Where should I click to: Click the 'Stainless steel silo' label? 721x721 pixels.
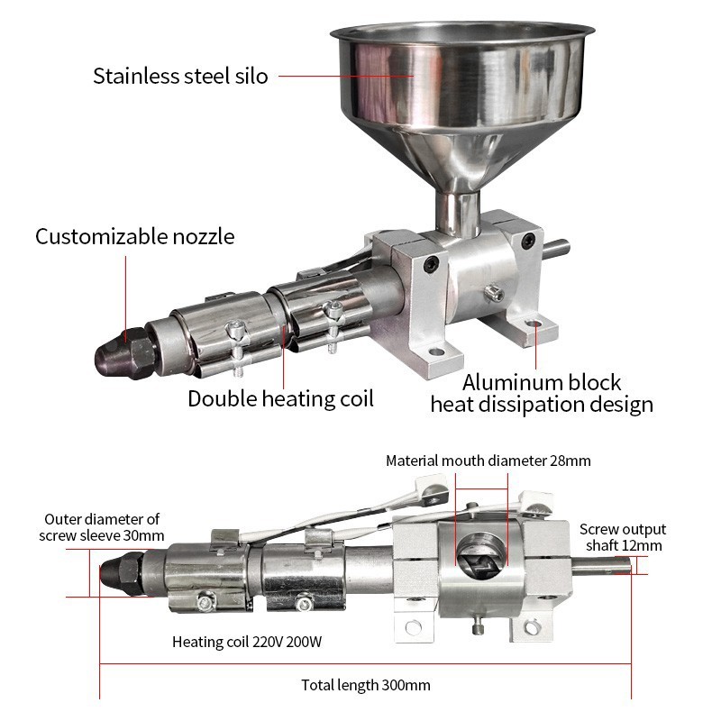pos(180,76)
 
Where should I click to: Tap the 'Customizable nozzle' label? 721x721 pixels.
pos(135,237)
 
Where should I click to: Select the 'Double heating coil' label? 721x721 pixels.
pos(280,397)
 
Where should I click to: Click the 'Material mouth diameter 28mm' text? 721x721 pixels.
pos(488,461)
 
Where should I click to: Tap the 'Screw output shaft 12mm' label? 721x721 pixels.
pos(622,537)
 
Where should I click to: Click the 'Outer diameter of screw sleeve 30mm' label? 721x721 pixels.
pos(102,526)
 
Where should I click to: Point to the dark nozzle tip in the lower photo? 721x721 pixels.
pos(114,571)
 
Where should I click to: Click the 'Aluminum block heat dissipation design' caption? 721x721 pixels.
pos(542,394)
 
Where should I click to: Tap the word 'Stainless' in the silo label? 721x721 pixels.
pos(132,76)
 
